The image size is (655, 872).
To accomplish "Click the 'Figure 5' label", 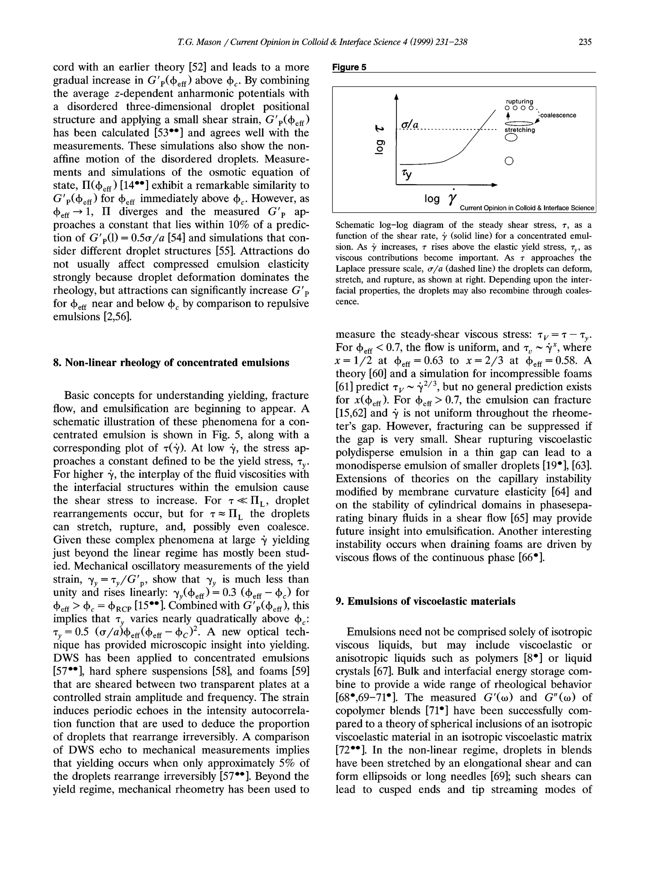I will [x=349, y=67].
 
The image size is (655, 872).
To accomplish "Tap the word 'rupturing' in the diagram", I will [x=519, y=101].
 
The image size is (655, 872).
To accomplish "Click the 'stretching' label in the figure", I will [x=520, y=130].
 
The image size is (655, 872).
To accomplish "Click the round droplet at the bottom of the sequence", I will [x=509, y=161].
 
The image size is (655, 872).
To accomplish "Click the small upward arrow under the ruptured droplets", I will [x=508, y=115].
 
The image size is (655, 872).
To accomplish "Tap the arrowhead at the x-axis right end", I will [x=494, y=184].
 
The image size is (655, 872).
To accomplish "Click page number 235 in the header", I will [x=585, y=42].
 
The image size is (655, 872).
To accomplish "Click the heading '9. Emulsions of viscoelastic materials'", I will [x=425, y=601].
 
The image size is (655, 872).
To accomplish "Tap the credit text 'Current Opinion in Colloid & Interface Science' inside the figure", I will [x=526, y=208].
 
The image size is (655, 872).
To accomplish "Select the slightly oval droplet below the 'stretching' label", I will [x=511, y=137].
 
